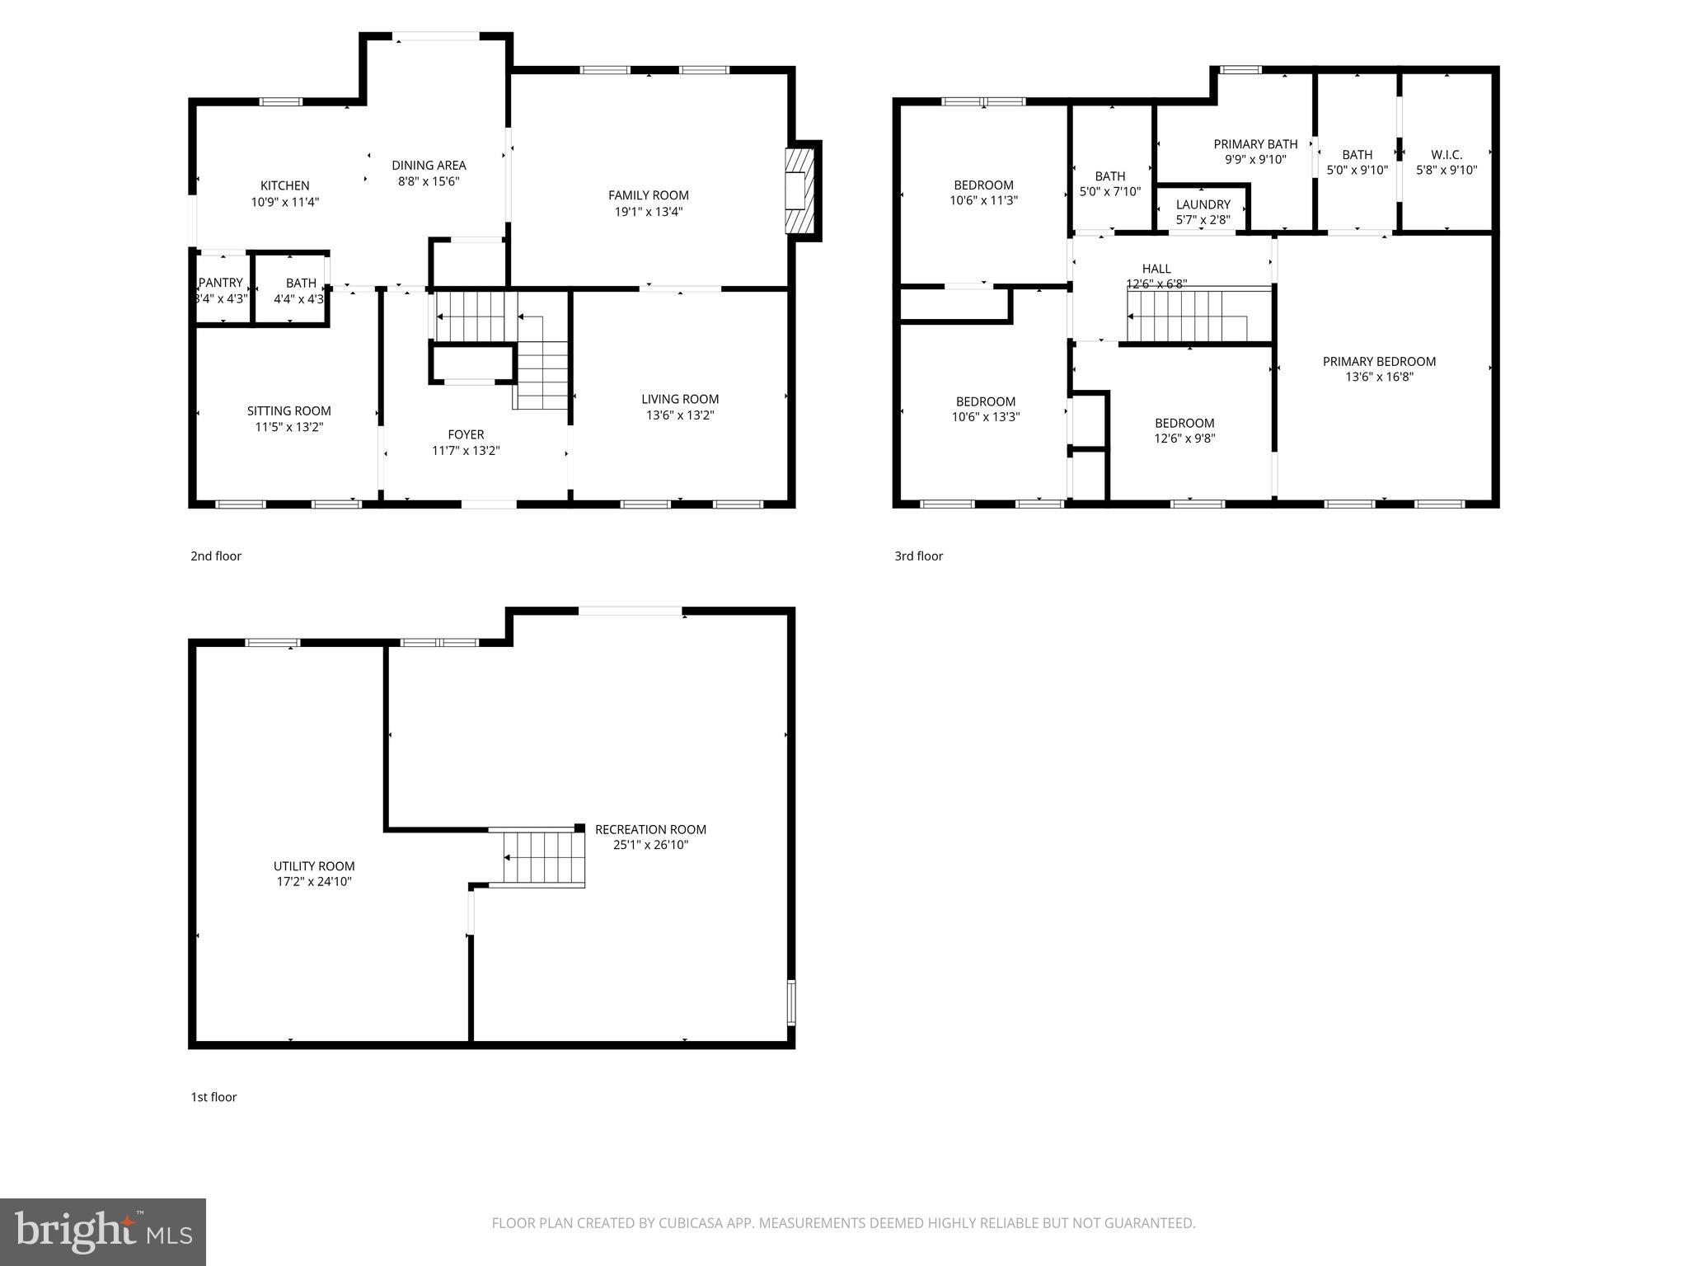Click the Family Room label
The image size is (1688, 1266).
pyautogui.click(x=648, y=195)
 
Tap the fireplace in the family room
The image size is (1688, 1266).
pyautogui.click(x=799, y=191)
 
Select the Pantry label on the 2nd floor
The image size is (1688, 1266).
pyautogui.click(x=221, y=283)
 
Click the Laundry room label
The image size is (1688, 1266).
pyautogui.click(x=1203, y=204)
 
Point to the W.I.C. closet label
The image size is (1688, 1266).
pyautogui.click(x=1447, y=155)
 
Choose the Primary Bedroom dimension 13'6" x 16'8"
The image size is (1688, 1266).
pyautogui.click(x=1378, y=377)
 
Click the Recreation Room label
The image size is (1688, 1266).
pyautogui.click(x=650, y=829)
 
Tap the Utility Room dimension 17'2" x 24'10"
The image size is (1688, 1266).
pyautogui.click(x=314, y=882)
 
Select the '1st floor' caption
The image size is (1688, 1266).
pyautogui.click(x=213, y=1097)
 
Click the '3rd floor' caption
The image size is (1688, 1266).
pyautogui.click(x=918, y=556)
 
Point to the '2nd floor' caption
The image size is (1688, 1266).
pyautogui.click(x=216, y=556)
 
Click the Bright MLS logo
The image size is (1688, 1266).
pyautogui.click(x=103, y=1232)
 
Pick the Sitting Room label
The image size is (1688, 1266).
pyautogui.click(x=288, y=411)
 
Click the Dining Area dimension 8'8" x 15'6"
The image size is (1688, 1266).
pyautogui.click(x=429, y=181)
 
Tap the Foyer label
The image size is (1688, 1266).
pyautogui.click(x=466, y=434)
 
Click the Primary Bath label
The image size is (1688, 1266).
pyautogui.click(x=1254, y=144)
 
